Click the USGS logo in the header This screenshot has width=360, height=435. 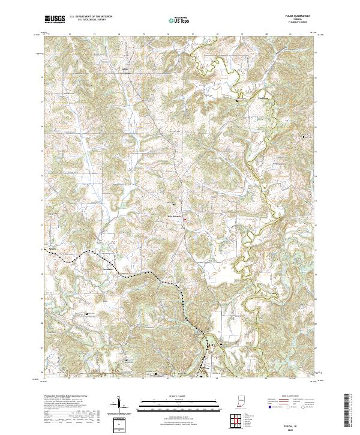[55, 19]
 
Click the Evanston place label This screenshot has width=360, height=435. [108, 270]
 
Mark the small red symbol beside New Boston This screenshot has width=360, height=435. [185, 219]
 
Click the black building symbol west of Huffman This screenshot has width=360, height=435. [239, 101]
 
